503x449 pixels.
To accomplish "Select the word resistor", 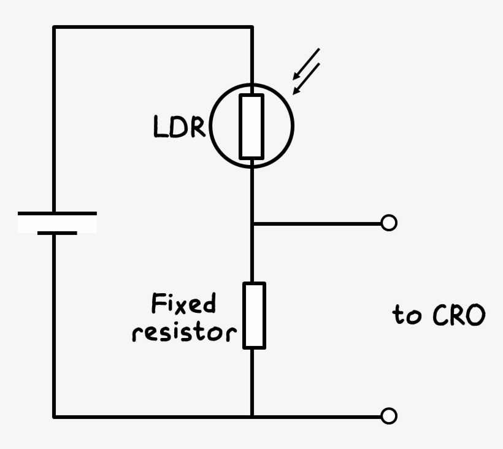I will [x=184, y=332].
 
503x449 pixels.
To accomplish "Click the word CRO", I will [x=459, y=316].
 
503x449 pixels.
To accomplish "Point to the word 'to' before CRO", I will [x=407, y=316].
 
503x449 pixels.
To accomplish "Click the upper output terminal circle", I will [x=389, y=223].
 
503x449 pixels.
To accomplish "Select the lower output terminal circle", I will [x=389, y=416].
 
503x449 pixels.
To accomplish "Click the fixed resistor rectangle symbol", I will [x=253, y=315].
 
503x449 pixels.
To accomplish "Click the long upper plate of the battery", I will [x=57, y=213].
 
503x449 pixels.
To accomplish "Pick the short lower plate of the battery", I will [x=57, y=233].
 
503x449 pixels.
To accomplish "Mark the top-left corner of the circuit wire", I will [x=54, y=27].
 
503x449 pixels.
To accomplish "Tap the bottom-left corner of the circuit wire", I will [x=54, y=416].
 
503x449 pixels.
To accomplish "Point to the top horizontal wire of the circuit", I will [x=153, y=27].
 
